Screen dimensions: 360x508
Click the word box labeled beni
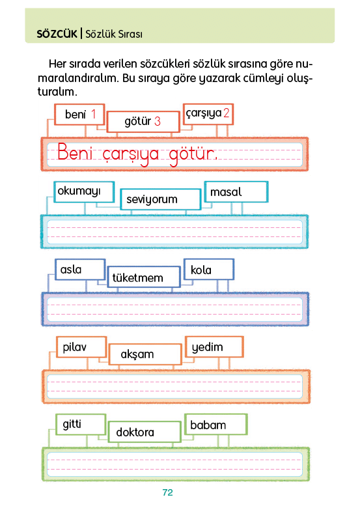tap(79, 115)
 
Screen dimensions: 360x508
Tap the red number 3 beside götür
tap(158, 121)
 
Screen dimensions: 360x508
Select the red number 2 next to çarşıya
tap(227, 113)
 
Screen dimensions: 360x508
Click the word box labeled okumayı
tap(84, 192)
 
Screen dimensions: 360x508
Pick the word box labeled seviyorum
tap(161, 199)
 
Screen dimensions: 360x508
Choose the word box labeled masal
tap(236, 192)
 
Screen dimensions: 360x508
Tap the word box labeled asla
tap(80, 270)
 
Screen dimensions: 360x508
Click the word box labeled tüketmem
tap(144, 277)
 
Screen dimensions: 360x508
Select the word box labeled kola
tap(209, 269)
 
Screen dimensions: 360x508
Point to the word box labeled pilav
tap(81, 347)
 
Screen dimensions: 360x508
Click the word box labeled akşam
tap(145, 354)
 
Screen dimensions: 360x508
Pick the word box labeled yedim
tap(214, 347)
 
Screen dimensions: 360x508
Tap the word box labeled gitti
tap(81, 425)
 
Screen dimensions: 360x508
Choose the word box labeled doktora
tap(145, 432)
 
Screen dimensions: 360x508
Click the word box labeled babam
tap(216, 425)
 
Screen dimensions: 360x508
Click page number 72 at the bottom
tap(168, 492)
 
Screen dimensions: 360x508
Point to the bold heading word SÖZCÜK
tap(57, 34)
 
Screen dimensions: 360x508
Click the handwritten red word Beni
tap(75, 152)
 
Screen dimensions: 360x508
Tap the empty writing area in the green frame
tap(175, 464)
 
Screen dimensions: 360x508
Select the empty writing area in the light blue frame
tap(175, 232)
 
